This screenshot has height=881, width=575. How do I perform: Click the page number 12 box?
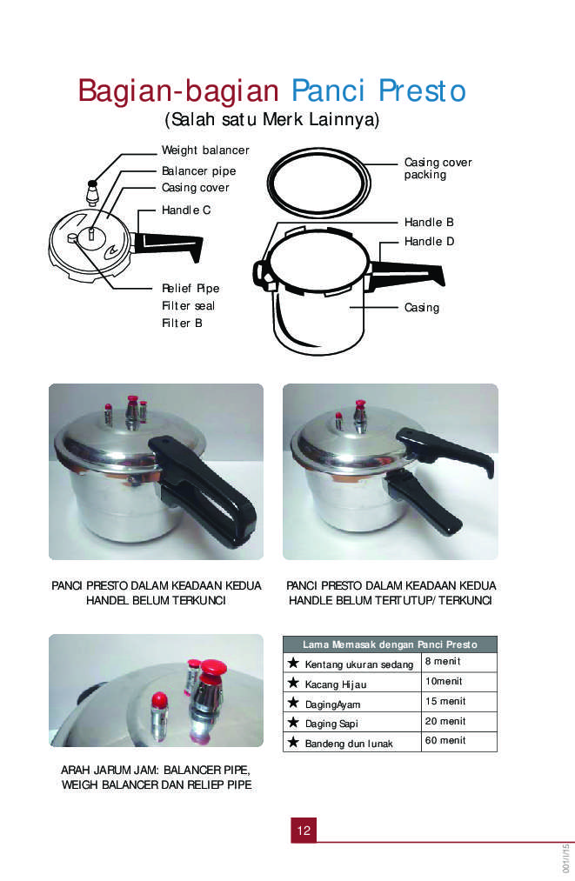304,830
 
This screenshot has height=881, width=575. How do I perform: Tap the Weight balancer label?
205,150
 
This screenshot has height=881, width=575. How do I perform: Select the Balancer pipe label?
198,170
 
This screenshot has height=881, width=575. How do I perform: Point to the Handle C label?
186,210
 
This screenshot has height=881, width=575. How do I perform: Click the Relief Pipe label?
191,288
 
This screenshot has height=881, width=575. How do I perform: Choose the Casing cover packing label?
438,168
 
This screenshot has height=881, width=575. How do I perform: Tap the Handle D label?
429,241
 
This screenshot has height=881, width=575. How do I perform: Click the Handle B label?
429,222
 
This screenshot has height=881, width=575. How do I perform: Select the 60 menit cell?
459,741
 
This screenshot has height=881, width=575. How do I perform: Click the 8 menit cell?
459,662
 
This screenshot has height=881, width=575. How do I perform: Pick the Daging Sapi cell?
352,722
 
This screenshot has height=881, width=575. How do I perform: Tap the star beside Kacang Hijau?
293,683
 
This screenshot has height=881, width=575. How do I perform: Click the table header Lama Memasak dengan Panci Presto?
390,644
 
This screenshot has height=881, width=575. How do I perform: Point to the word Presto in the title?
422,90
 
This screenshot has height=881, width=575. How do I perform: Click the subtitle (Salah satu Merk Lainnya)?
272,120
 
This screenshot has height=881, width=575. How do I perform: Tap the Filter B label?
182,323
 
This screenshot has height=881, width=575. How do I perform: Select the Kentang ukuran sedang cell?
352,663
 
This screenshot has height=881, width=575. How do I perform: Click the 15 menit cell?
459,702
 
